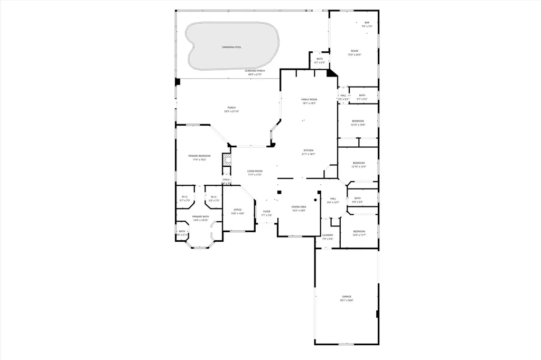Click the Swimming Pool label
tap(231, 48)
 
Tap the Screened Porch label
tap(255, 71)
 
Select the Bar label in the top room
tap(367, 22)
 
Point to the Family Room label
tap(309, 99)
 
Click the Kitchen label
tap(309, 150)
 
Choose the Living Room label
tap(255, 171)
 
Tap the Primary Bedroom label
tap(200, 156)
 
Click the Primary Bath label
tap(200, 217)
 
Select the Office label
tap(238, 210)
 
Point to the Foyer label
tap(267, 212)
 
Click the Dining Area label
tap(299, 207)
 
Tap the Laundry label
tap(328, 235)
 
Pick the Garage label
tap(347, 297)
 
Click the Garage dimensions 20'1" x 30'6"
tap(347, 300)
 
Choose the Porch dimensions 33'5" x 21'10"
tap(231, 111)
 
